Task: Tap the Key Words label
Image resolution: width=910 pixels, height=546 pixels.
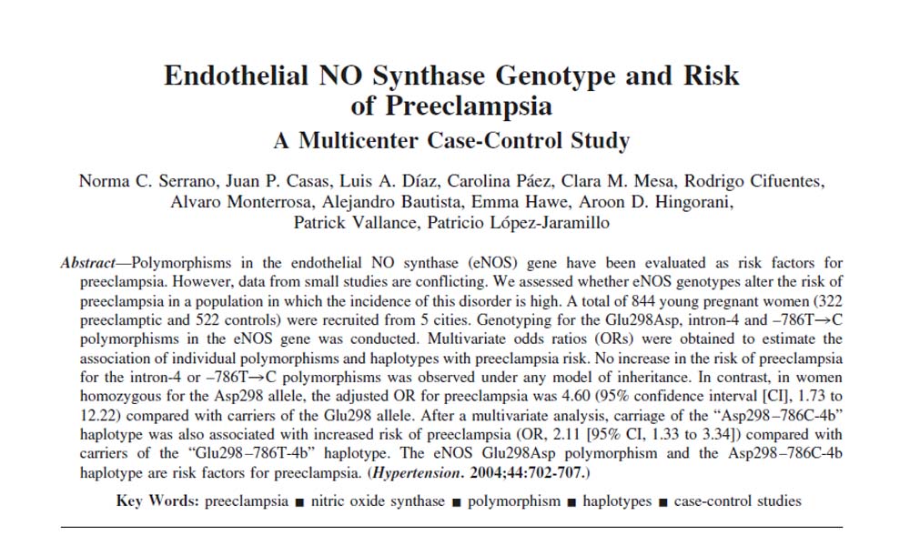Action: coord(158,501)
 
